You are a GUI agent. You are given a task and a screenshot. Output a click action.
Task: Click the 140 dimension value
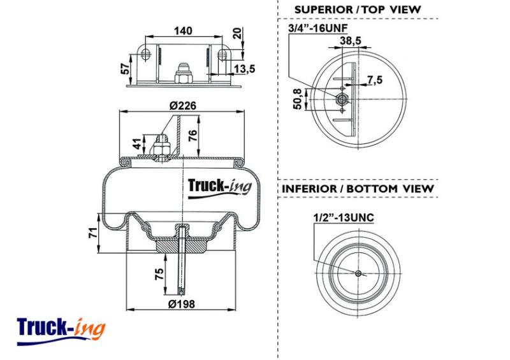click(x=183, y=31)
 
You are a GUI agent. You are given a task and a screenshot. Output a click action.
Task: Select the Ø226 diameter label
click(x=183, y=106)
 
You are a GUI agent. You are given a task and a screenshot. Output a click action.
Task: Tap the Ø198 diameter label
click(x=182, y=304)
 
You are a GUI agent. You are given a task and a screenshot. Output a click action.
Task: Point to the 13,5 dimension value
click(x=245, y=69)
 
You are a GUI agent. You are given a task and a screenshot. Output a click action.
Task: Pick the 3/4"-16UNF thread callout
click(x=317, y=28)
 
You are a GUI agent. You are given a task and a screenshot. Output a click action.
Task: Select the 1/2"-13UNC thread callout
click(x=344, y=217)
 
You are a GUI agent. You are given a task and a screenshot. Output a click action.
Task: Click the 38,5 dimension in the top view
click(x=351, y=41)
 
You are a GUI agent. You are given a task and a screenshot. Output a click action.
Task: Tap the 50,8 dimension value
click(x=298, y=99)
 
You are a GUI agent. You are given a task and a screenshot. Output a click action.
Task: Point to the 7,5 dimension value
click(x=375, y=80)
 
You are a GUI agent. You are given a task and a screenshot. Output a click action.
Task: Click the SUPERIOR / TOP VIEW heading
click(x=358, y=10)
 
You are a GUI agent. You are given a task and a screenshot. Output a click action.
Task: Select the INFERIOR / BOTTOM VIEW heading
click(x=358, y=189)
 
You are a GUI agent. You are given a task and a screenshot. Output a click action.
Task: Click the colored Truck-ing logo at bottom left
click(x=61, y=331)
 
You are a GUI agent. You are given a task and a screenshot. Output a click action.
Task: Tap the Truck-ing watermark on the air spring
click(x=220, y=188)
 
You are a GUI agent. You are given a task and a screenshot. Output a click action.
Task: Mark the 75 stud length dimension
click(x=159, y=275)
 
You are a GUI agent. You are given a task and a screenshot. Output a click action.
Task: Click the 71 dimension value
click(x=93, y=233)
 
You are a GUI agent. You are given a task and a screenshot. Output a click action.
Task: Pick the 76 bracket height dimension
click(x=193, y=135)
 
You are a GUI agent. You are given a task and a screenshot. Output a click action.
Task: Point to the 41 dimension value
click(x=138, y=143)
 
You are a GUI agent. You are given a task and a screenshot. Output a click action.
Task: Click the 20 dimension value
click(x=238, y=34)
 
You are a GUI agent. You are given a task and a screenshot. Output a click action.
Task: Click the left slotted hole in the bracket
click(x=146, y=55)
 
